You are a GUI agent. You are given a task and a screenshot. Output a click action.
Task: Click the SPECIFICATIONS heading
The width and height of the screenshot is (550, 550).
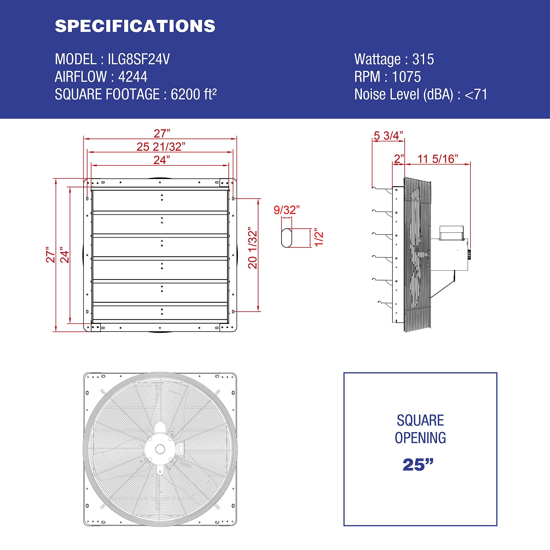pos(135,26)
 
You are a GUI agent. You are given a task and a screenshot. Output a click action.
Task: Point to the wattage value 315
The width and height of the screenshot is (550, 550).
pos(423,59)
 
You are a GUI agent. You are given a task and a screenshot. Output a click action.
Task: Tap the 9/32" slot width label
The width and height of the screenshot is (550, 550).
pos(286,210)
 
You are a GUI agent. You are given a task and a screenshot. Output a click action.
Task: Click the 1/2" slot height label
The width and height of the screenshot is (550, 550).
pos(319,238)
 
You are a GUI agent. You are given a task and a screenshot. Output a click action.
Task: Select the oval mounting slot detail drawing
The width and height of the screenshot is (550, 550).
pos(286,237)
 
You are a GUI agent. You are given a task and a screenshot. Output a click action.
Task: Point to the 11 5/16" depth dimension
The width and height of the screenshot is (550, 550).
pos(438,159)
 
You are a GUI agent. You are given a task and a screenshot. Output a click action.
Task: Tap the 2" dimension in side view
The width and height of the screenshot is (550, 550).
pos(399,159)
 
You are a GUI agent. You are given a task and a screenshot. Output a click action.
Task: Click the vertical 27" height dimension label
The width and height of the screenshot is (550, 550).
pos(51,255)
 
